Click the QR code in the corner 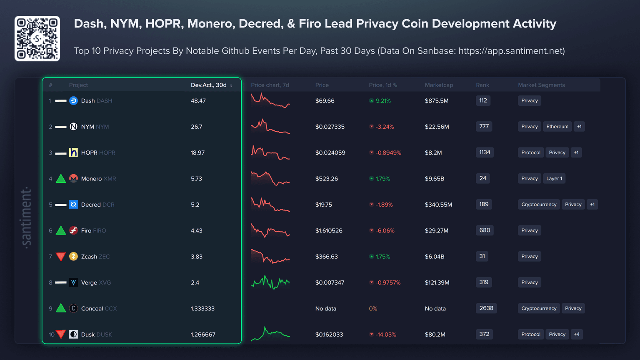point(37,39)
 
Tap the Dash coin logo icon point(73,100)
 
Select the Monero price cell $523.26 point(326,179)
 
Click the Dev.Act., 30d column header point(209,85)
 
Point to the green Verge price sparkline point(270,282)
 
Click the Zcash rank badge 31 point(482,256)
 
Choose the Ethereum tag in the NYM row point(557,127)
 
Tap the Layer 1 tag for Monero point(554,179)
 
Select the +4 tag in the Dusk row point(577,334)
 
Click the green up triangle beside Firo point(61,230)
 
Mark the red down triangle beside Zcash point(61,256)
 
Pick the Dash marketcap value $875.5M point(436,101)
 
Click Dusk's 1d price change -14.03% point(385,335)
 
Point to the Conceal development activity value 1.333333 point(202,309)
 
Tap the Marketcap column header point(438,85)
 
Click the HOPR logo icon point(73,152)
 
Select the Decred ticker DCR point(108,205)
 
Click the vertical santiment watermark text point(26,217)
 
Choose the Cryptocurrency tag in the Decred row point(538,205)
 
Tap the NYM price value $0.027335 point(330,127)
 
